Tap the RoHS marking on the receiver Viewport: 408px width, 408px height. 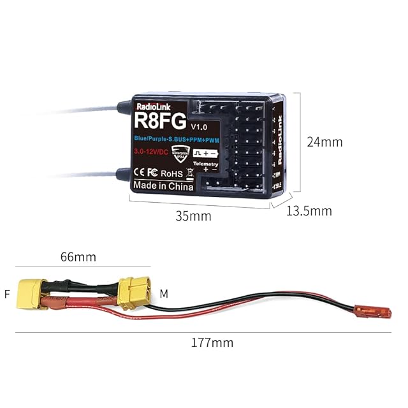coord(171,172)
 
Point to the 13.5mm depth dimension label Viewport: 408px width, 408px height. coord(309,211)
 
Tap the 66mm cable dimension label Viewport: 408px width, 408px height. coord(78,257)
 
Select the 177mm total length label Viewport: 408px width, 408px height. coord(212,342)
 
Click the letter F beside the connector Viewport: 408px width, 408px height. coord(7,294)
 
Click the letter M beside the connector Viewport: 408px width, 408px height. coord(164,294)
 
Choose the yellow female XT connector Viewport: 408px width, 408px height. coord(33,294)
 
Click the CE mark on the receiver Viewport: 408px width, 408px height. coord(140,173)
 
